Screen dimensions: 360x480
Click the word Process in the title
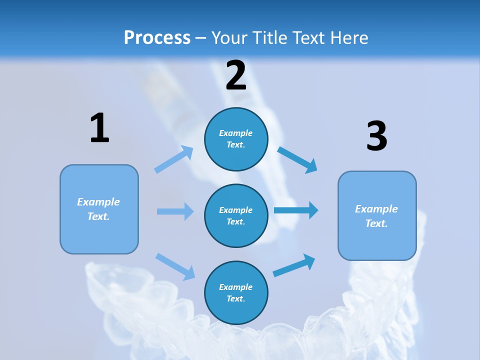pyautogui.click(x=157, y=37)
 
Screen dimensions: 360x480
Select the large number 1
pyautogui.click(x=99, y=128)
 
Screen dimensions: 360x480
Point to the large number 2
pyautogui.click(x=236, y=75)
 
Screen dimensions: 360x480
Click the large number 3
pyautogui.click(x=376, y=136)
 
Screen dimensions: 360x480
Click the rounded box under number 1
pyautogui.click(x=99, y=209)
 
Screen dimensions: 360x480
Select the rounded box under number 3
pyautogui.click(x=377, y=216)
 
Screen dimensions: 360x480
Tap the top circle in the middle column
pyautogui.click(x=236, y=139)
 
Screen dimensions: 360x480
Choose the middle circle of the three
pyautogui.click(x=236, y=216)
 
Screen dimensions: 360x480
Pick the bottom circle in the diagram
pyautogui.click(x=236, y=293)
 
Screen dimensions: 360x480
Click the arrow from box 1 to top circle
pyautogui.click(x=173, y=159)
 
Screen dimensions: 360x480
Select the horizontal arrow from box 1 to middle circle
pyautogui.click(x=175, y=211)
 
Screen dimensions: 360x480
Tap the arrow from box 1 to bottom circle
pyautogui.click(x=175, y=266)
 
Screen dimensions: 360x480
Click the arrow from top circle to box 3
pyautogui.click(x=297, y=159)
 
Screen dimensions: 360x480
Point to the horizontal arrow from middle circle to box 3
pyautogui.click(x=295, y=210)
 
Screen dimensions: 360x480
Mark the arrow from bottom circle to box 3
pyautogui.click(x=294, y=265)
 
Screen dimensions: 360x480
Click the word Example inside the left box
pyautogui.click(x=98, y=202)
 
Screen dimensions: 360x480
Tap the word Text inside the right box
pyautogui.click(x=376, y=223)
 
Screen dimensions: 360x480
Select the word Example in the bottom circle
pyautogui.click(x=235, y=287)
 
